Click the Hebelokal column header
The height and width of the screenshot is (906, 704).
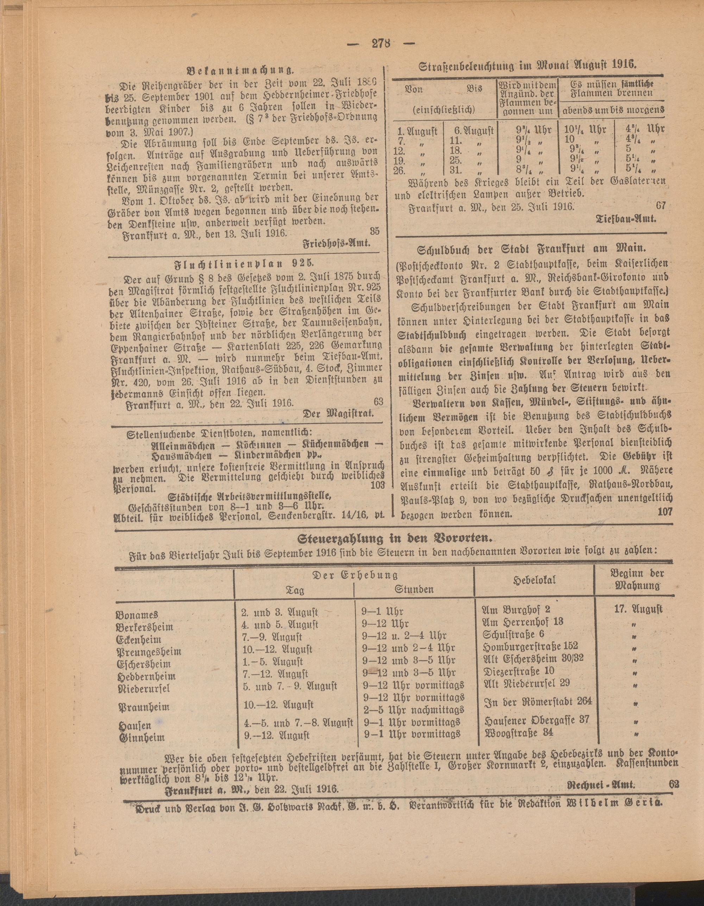click(534, 580)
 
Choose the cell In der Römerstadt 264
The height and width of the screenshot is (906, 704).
click(538, 702)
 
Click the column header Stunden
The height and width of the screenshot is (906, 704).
click(414, 589)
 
